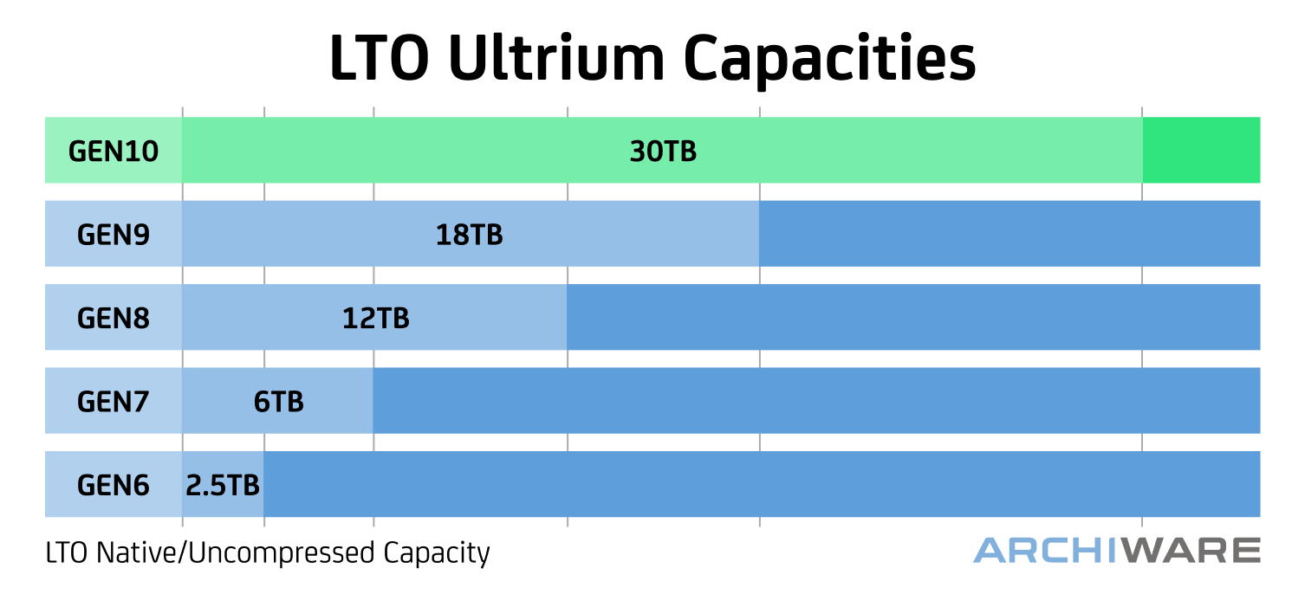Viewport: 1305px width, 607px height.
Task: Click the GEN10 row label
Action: click(x=114, y=152)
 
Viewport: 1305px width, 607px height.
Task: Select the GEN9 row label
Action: click(x=114, y=235)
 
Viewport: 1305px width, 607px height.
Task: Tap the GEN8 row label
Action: click(x=114, y=319)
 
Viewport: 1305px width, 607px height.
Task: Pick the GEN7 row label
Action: click(x=114, y=402)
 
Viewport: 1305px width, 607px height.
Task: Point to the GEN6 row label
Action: click(x=114, y=485)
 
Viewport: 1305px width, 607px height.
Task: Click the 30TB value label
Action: click(x=663, y=152)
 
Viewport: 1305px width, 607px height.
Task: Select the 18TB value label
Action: click(x=469, y=235)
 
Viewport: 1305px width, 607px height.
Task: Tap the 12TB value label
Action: click(x=375, y=319)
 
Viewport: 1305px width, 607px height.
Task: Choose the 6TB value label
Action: click(x=279, y=402)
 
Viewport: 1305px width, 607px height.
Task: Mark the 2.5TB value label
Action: click(x=223, y=485)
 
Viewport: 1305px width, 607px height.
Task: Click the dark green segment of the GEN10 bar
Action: click(x=1201, y=151)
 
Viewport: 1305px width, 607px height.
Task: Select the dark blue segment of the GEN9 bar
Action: click(x=1010, y=234)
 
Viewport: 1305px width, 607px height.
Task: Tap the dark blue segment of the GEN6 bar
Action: click(x=761, y=484)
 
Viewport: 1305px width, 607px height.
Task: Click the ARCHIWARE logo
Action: click(x=1116, y=550)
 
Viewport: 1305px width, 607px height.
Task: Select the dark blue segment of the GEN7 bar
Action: click(x=816, y=401)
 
